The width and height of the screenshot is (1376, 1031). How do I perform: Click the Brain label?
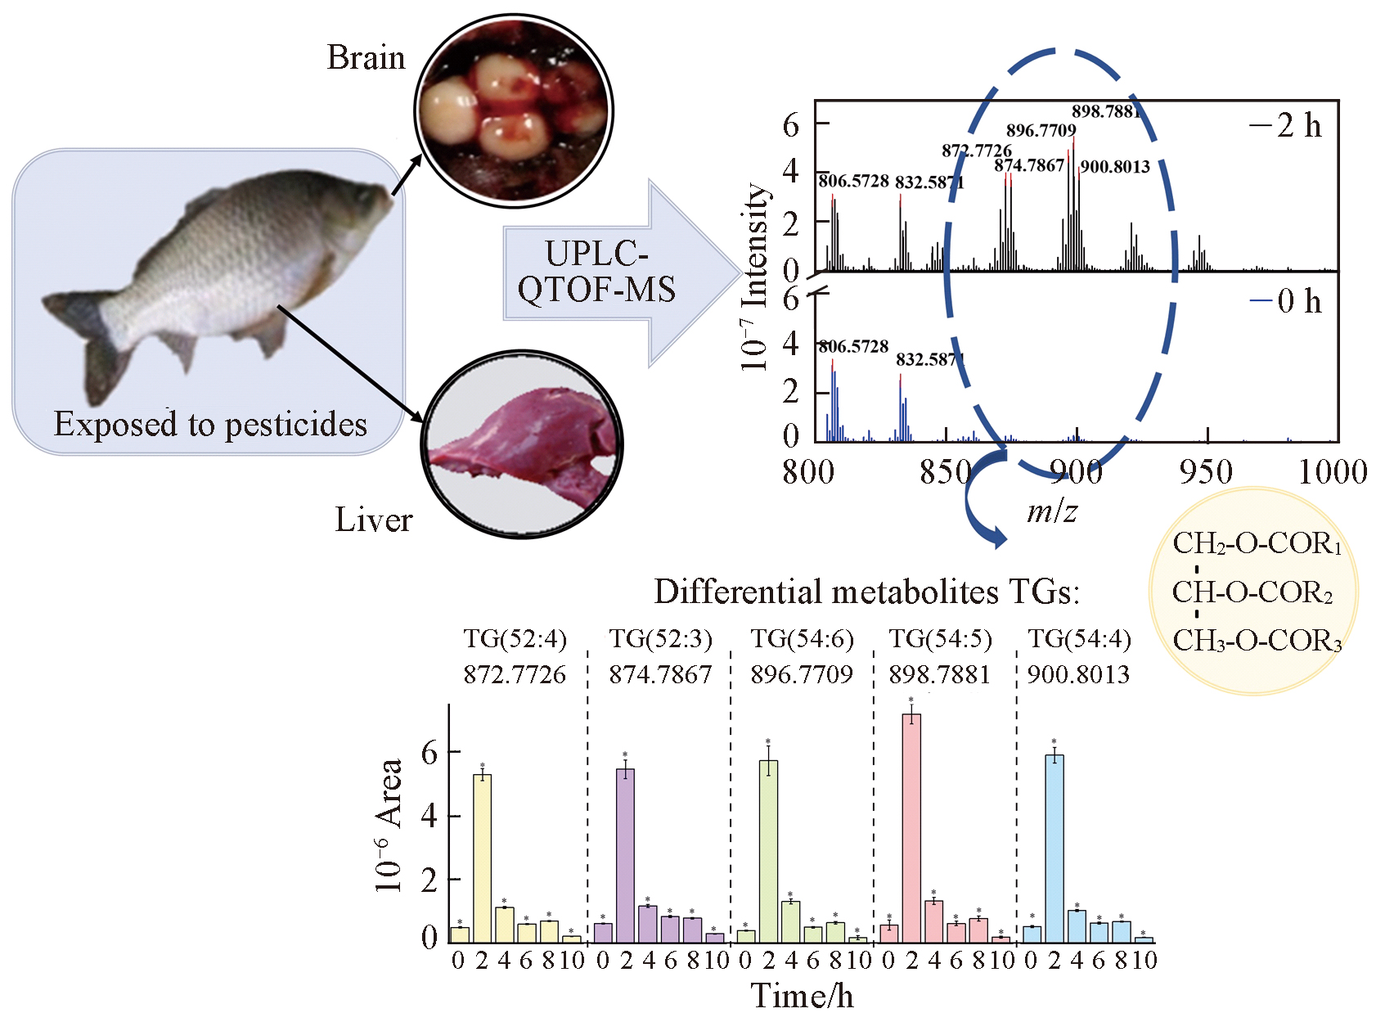(x=366, y=58)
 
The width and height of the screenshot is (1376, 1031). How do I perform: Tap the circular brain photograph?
(x=514, y=110)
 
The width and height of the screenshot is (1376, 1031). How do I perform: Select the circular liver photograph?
(x=522, y=445)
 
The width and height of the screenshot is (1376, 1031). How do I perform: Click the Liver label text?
(x=373, y=520)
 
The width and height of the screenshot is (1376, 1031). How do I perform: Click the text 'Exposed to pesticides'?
(x=210, y=424)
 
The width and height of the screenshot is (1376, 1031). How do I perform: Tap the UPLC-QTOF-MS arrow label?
(x=596, y=272)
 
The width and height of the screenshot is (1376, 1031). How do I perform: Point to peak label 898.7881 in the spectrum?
(x=1106, y=111)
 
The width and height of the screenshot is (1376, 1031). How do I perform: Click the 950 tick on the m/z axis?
(x=1206, y=472)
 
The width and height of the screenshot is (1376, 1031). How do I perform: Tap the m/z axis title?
(x=1052, y=511)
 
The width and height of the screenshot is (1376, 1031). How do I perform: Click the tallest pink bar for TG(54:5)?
(x=911, y=826)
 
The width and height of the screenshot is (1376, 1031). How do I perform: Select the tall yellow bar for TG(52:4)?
(x=482, y=858)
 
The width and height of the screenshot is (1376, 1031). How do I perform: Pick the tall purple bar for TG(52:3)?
(x=625, y=855)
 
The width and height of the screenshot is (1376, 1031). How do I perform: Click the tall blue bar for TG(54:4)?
(x=1054, y=848)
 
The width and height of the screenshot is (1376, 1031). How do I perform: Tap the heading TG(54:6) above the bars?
(x=802, y=639)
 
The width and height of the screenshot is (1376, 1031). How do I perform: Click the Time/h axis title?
(x=802, y=996)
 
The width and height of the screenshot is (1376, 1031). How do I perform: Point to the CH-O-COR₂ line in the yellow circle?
(x=1252, y=592)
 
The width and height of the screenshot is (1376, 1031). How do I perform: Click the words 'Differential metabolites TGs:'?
(x=866, y=591)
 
